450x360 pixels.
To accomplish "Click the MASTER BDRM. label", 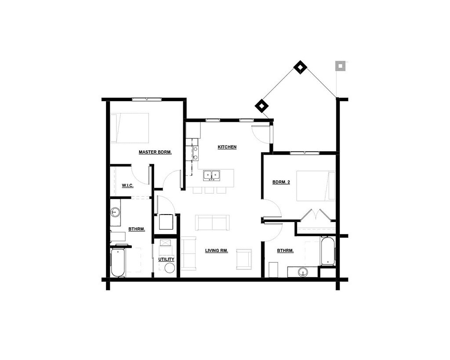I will click(x=155, y=152).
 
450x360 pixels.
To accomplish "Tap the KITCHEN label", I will click(x=227, y=147).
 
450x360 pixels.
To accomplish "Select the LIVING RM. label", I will click(x=217, y=251).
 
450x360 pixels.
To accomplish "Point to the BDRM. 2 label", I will click(x=281, y=182).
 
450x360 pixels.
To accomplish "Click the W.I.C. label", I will click(x=127, y=185).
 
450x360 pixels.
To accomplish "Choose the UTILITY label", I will click(x=166, y=259).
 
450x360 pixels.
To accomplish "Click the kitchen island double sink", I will click(x=212, y=175).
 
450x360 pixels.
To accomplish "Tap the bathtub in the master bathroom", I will click(x=118, y=263).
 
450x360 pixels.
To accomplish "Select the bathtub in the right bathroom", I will click(x=327, y=251).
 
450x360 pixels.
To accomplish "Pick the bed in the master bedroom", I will click(x=129, y=128).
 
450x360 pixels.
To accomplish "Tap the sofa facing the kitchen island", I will click(x=212, y=222).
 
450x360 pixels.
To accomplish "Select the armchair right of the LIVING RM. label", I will click(x=244, y=259).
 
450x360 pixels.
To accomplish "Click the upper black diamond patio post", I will click(x=300, y=67).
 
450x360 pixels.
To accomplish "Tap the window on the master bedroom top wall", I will click(x=146, y=99).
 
